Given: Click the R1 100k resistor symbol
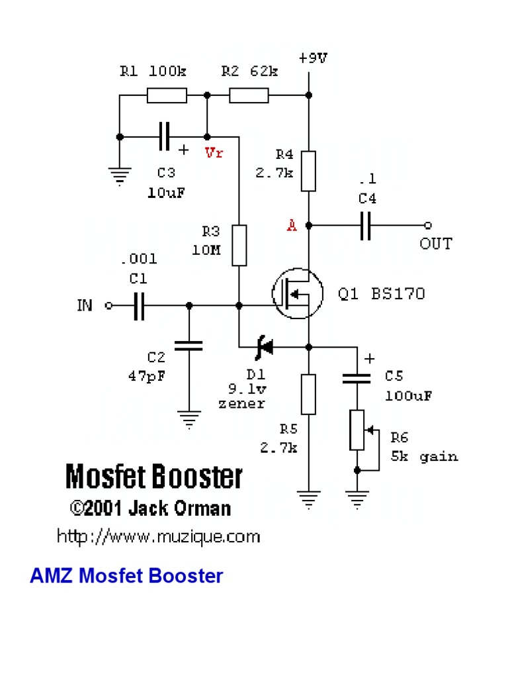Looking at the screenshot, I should [166, 96].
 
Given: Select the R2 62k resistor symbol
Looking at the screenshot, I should [249, 96].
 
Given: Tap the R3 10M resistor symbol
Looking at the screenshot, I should [239, 245].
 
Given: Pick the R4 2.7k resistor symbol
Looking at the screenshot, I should [308, 171].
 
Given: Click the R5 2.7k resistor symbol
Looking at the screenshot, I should [308, 394].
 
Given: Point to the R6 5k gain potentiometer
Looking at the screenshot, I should [357, 430].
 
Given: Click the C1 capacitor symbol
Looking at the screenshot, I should [139, 306].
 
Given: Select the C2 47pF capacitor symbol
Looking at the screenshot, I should [189, 345].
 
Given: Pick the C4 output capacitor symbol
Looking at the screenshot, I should [365, 226].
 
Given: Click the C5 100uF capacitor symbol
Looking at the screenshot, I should [357, 378].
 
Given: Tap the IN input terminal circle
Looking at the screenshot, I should [110, 306].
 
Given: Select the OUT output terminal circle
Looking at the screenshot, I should [429, 226].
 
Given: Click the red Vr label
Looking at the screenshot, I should [214, 154].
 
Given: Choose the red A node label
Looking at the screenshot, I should [292, 226].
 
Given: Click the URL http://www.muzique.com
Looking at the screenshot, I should [158, 536].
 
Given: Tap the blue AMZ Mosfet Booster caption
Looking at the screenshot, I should [126, 576].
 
